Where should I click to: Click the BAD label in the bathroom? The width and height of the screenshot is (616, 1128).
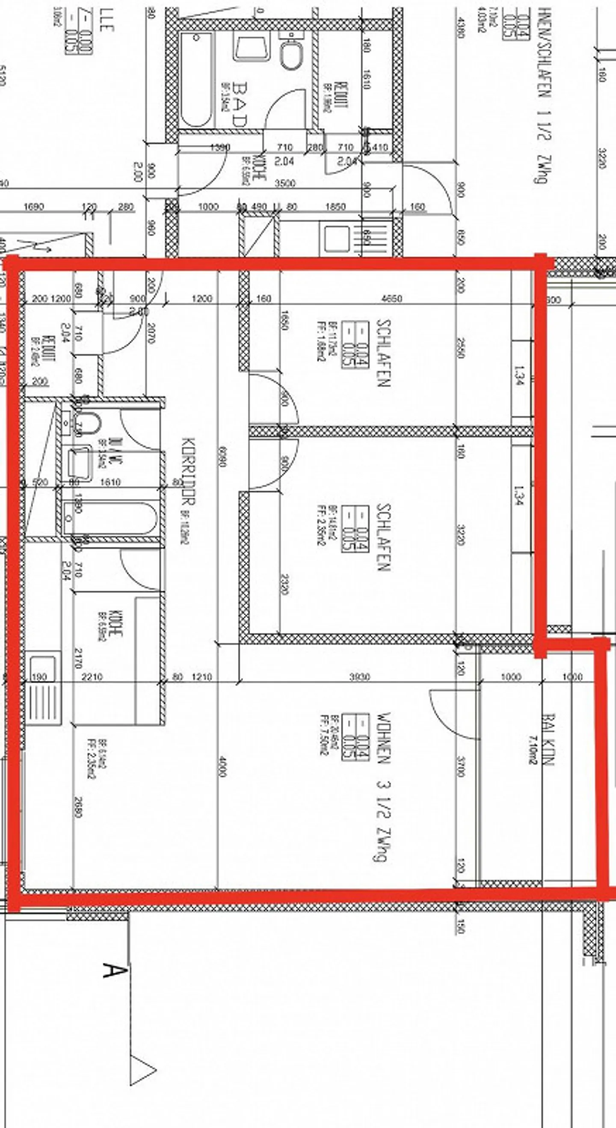pyautogui.click(x=241, y=104)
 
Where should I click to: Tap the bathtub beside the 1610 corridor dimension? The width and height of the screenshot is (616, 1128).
pyautogui.click(x=110, y=519)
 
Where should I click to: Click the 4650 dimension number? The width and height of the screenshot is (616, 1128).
pyautogui.click(x=392, y=299)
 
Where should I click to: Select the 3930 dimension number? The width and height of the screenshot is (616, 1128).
pyautogui.click(x=359, y=677)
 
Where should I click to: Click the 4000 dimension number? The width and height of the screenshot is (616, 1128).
pyautogui.click(x=222, y=766)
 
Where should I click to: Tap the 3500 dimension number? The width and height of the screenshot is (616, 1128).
pyautogui.click(x=284, y=183)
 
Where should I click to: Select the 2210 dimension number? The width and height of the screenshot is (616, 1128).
pyautogui.click(x=92, y=677)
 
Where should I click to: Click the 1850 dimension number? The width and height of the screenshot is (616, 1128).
pyautogui.click(x=335, y=207)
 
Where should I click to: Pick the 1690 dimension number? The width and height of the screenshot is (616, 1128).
pyautogui.click(x=33, y=207)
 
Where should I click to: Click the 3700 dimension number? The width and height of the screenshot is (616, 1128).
pyautogui.click(x=460, y=766)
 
